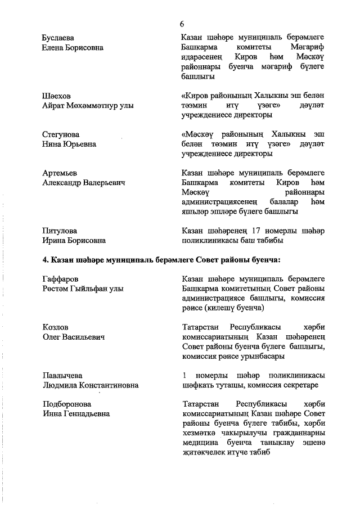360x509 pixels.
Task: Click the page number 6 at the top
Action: [x=182, y=24]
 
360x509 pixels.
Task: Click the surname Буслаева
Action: [x=60, y=38]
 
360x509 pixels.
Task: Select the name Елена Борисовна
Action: [x=73, y=47]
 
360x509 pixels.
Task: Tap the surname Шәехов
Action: [x=56, y=96]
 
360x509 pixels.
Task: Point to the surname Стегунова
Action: [x=61, y=135]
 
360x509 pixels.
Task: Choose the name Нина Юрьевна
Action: [x=69, y=144]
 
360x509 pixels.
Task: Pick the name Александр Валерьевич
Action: [x=83, y=183]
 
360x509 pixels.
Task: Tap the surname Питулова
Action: [x=60, y=231]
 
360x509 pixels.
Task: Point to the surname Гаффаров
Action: [x=60, y=280]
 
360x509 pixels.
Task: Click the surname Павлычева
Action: [x=62, y=376]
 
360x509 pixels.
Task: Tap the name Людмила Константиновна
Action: [x=91, y=385]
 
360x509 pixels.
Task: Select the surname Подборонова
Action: [x=66, y=404]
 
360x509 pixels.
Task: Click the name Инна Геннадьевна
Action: [x=76, y=414]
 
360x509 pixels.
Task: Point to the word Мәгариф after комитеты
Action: [x=308, y=48]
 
